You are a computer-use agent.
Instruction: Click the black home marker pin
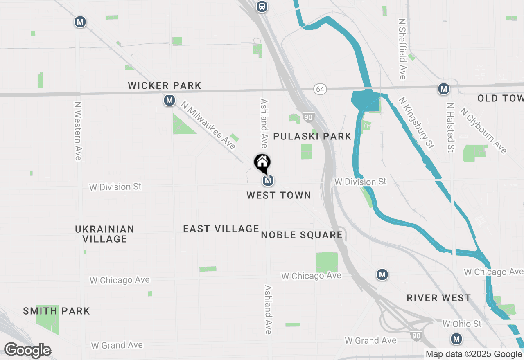(x=262, y=162)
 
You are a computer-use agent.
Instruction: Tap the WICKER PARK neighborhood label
(x=165, y=86)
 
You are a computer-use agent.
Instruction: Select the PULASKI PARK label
(x=312, y=137)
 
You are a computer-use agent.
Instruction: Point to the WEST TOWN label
(x=279, y=196)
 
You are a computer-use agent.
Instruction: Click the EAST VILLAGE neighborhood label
(x=221, y=229)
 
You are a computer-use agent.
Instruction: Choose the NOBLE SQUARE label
(x=302, y=235)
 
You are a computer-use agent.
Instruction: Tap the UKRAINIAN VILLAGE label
(x=105, y=234)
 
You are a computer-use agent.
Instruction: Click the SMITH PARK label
(x=56, y=311)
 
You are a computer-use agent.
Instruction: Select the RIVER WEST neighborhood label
(x=439, y=298)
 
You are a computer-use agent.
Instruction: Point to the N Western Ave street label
(x=78, y=131)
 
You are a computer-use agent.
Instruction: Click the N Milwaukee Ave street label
(x=209, y=126)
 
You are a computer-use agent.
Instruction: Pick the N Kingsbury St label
(x=416, y=123)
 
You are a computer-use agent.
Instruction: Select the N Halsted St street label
(x=451, y=127)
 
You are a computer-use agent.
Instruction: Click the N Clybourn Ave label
(x=483, y=130)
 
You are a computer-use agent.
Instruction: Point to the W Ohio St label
(x=462, y=324)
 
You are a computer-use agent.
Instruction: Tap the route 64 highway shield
(x=321, y=89)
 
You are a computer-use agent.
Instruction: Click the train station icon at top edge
(x=262, y=6)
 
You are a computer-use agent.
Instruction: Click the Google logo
(x=27, y=351)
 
